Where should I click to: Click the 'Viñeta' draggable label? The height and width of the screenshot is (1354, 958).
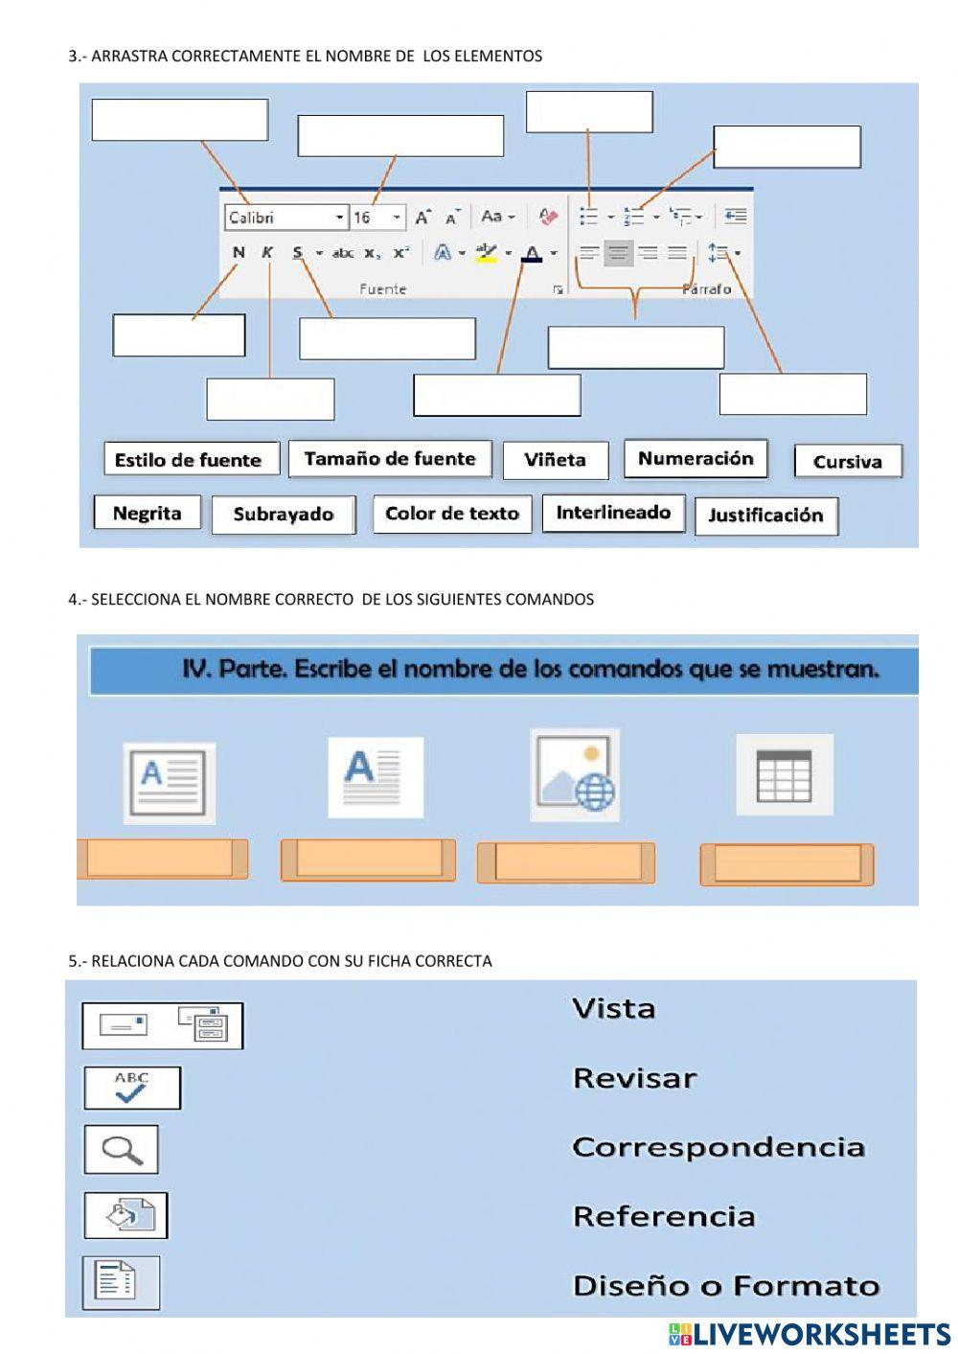[555, 460]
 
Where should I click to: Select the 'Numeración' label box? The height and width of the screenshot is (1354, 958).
[696, 459]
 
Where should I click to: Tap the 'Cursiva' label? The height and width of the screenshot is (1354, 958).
[848, 462]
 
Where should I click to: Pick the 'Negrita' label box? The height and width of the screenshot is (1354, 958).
[147, 513]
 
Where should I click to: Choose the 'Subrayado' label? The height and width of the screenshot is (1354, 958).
[284, 515]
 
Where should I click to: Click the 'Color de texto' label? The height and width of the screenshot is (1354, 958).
[452, 514]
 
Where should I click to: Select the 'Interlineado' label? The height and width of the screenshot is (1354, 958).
[613, 513]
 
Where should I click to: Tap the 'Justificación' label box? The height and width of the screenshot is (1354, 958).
[765, 516]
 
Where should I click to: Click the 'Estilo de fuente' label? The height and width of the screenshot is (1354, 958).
[189, 460]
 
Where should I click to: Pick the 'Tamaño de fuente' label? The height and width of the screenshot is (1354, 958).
[390, 459]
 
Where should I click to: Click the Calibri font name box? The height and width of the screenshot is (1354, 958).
[285, 218]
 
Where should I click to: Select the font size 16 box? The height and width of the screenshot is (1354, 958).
[376, 218]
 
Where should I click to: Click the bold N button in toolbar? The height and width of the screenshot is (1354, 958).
[239, 253]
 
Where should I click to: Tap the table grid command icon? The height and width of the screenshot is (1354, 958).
[784, 775]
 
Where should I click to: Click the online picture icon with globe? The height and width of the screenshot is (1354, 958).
[575, 774]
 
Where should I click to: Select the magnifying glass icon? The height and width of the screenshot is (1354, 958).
[121, 1149]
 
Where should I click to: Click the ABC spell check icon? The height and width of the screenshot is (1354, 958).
[132, 1088]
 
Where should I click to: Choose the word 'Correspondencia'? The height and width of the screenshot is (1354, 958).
[718, 1147]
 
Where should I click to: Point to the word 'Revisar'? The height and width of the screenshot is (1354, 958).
[634, 1078]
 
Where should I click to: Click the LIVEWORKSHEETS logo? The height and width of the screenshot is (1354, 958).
[810, 1335]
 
